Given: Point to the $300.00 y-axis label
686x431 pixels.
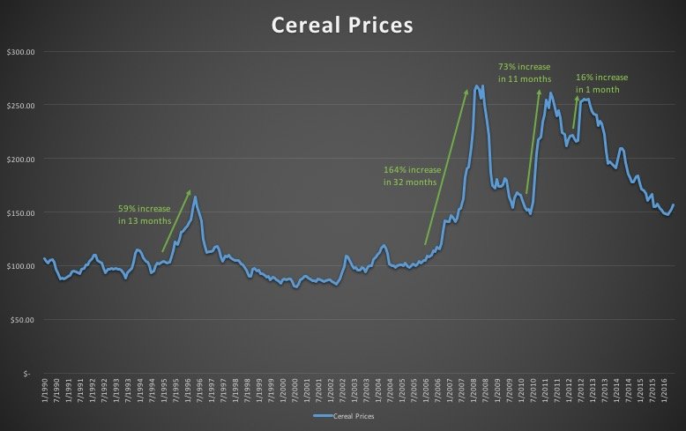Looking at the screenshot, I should click(19, 52).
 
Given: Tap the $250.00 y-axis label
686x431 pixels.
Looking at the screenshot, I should click(19, 106).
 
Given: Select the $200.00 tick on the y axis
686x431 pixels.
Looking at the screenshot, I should click(19, 160).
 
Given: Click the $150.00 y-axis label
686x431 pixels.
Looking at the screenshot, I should click(19, 213).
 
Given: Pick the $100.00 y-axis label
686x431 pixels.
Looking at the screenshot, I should click(19, 266).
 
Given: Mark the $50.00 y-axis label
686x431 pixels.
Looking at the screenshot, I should click(21, 320).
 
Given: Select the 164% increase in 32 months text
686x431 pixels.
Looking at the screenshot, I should click(410, 175).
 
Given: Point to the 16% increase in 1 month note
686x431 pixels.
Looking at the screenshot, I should click(602, 83).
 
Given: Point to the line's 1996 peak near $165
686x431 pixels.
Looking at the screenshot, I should click(194, 197).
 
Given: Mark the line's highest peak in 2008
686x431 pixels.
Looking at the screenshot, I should click(476, 85).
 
